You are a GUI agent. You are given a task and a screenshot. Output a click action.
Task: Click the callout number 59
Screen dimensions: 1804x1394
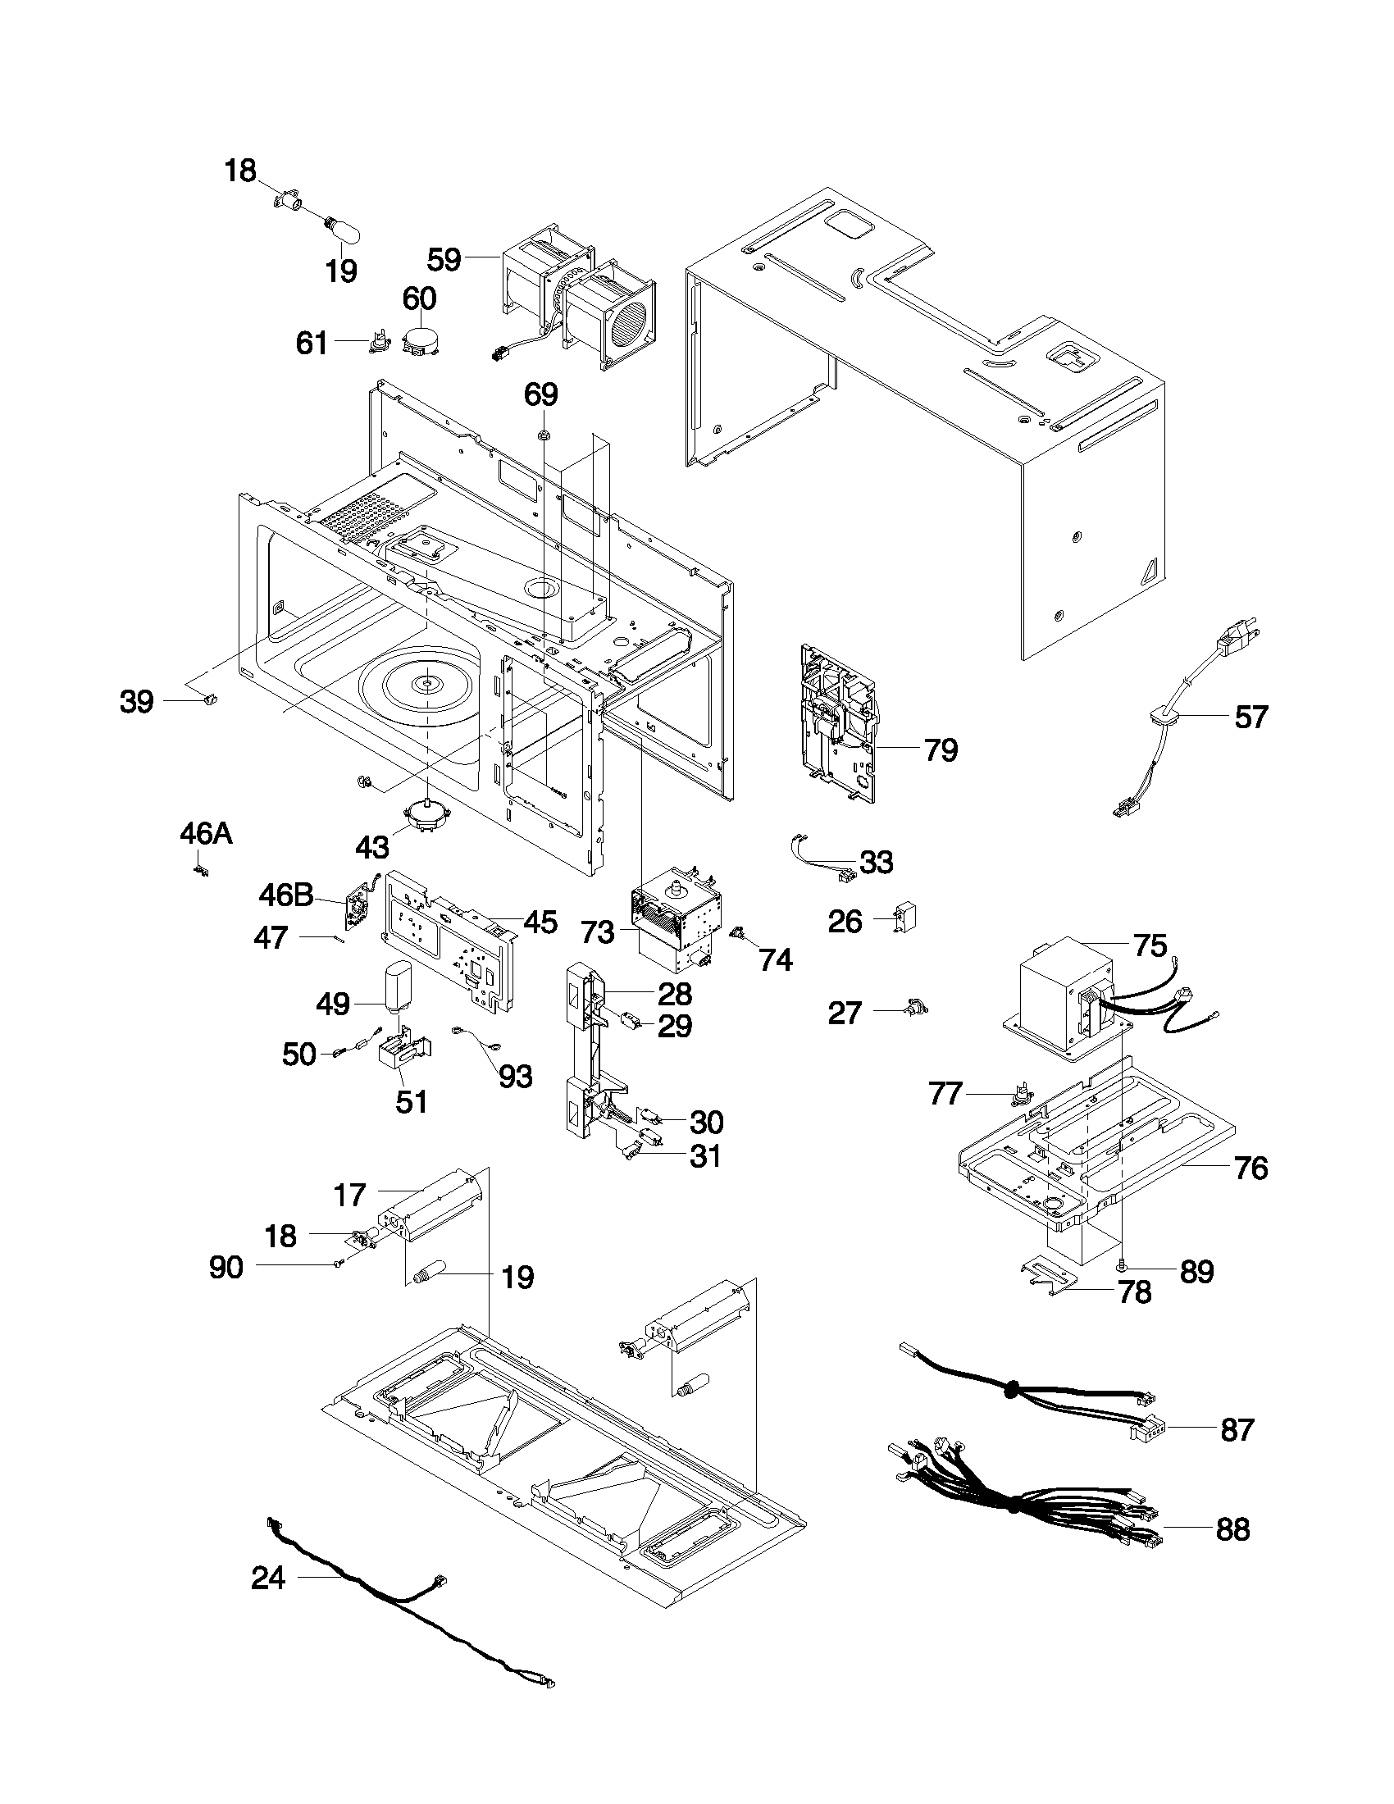[444, 259]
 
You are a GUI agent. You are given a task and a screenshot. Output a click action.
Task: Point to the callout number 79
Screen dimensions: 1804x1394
[941, 750]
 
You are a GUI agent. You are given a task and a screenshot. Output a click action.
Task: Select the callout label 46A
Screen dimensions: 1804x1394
[206, 833]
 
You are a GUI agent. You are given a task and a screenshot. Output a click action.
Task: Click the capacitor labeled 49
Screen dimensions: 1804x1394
[399, 987]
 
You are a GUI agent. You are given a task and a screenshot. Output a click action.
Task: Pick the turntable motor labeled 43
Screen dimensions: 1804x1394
[426, 818]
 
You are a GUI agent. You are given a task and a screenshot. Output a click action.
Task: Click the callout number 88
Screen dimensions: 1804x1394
[1232, 1530]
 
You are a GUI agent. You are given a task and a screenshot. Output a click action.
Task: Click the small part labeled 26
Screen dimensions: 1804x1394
[906, 918]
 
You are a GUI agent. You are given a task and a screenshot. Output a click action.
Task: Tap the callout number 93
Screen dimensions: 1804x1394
[515, 1076]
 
